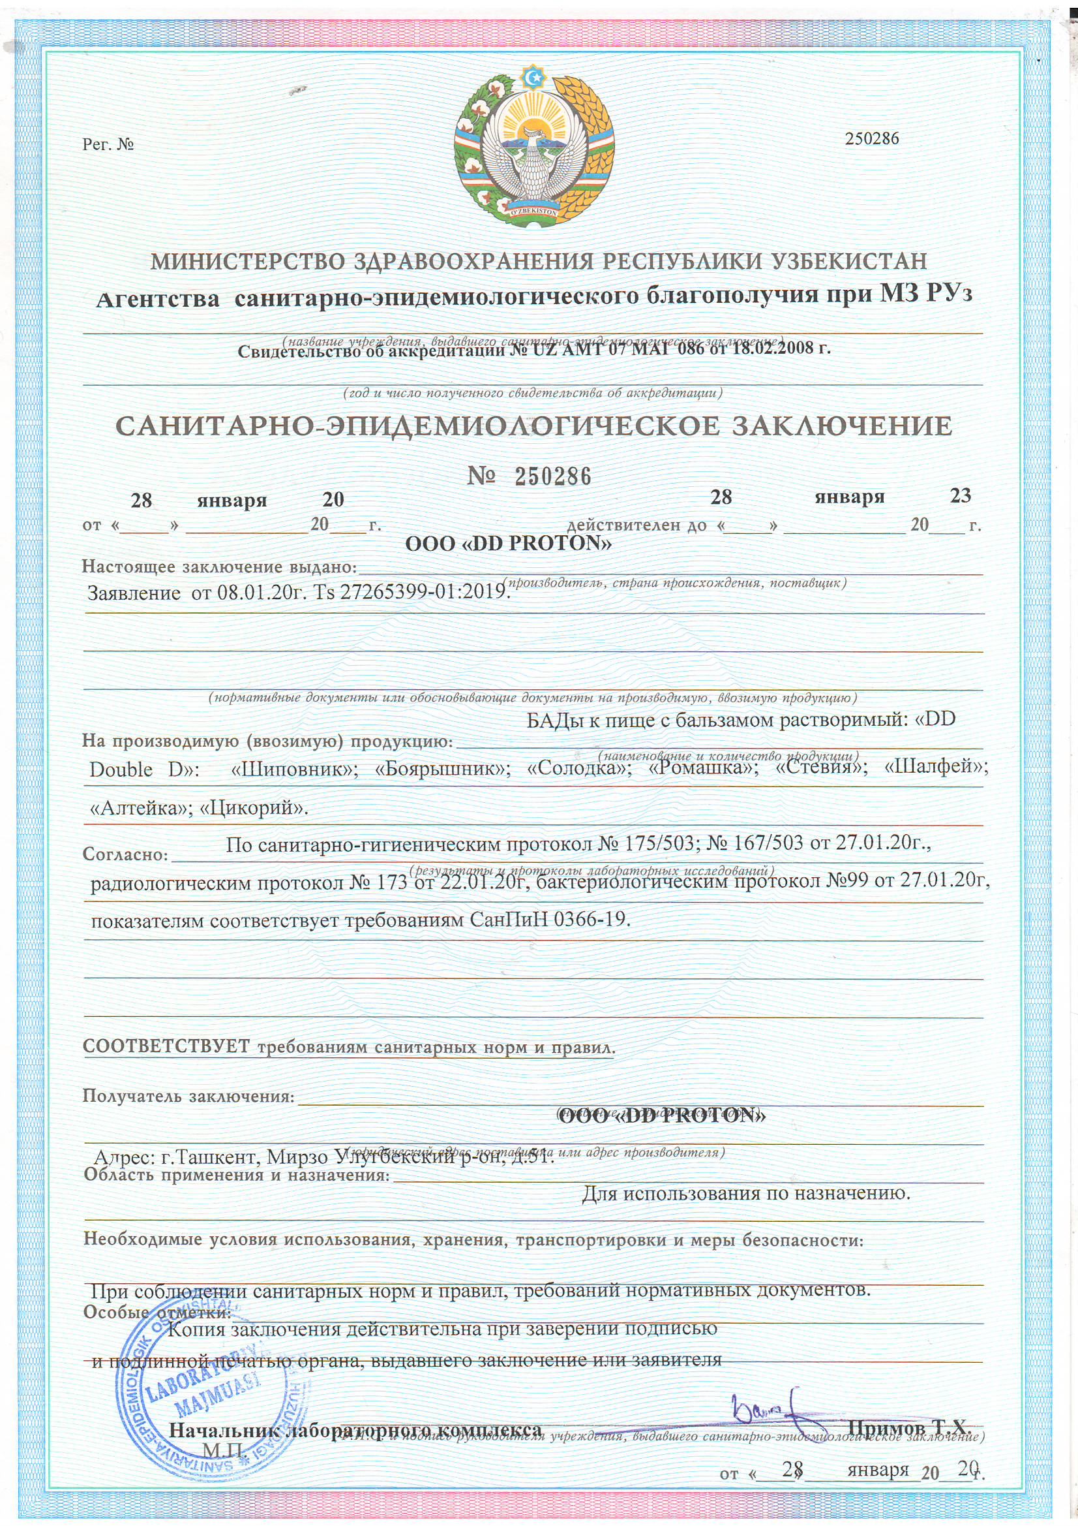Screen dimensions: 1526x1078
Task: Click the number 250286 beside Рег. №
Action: click(x=871, y=138)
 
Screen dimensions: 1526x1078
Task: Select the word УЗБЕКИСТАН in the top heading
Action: click(x=848, y=260)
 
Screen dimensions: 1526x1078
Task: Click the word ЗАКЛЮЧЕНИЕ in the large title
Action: click(x=835, y=426)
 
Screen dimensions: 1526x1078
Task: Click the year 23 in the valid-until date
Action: click(x=961, y=496)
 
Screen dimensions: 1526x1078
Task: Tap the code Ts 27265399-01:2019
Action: click(x=411, y=591)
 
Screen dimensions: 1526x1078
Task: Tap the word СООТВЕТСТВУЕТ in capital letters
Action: click(x=166, y=1046)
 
